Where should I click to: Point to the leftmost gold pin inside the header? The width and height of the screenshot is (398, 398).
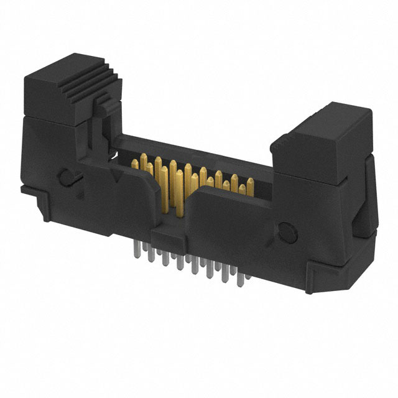point(135,164)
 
